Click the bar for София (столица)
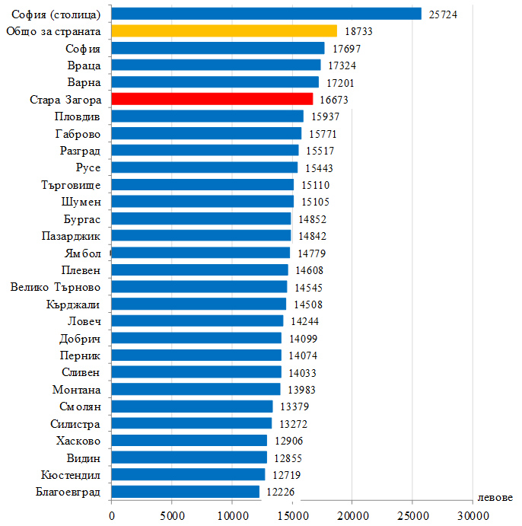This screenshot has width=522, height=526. coord(266,14)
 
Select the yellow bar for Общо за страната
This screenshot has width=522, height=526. coord(224,30)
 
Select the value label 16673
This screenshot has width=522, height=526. coord(334,100)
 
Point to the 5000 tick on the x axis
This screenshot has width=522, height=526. coord(171,515)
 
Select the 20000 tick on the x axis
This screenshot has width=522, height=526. coord(352,515)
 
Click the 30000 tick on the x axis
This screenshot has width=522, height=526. coord(472,515)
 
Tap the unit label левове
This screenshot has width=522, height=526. coord(495,497)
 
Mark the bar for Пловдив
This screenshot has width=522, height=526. coord(207,116)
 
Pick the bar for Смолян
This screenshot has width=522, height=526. coord(192,406)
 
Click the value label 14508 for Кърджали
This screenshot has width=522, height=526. coord(307,304)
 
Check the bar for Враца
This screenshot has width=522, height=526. coord(215,65)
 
